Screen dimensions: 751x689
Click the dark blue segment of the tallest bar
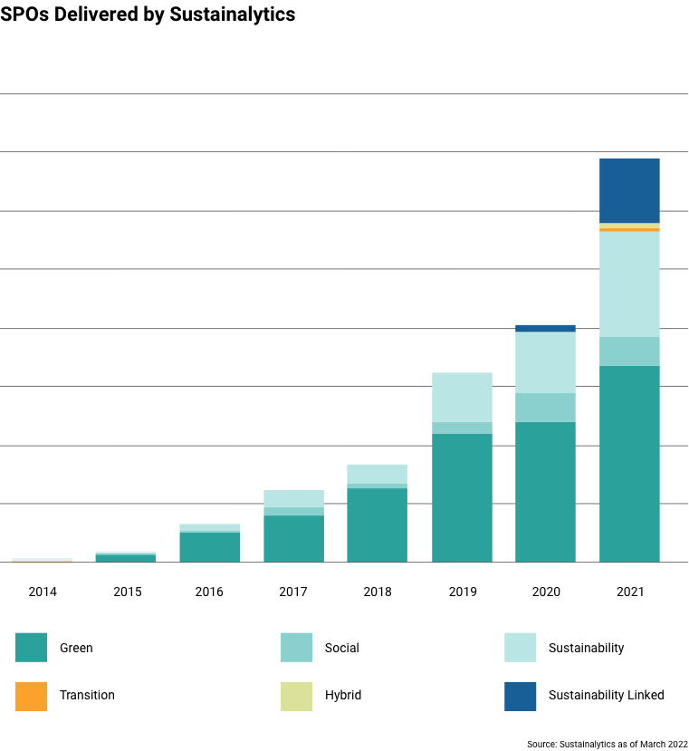[629, 190]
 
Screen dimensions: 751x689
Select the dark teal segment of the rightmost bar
[629, 464]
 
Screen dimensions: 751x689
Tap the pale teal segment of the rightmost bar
[629, 284]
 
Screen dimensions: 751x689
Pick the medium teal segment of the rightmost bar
[629, 351]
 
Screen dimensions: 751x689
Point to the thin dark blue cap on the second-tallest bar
[545, 328]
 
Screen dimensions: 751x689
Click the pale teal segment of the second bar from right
[545, 362]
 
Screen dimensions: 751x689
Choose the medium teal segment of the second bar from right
[545, 408]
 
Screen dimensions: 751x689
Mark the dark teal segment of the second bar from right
[545, 492]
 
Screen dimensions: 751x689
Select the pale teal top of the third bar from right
[462, 397]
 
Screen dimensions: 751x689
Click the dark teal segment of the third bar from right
[462, 497]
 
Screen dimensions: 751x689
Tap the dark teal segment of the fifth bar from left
[377, 525]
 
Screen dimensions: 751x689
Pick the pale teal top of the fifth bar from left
[377, 473]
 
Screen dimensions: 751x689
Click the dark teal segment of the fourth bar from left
[293, 539]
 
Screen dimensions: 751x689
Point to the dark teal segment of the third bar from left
[209, 547]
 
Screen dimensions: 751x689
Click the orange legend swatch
[31, 697]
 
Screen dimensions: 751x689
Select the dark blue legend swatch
[521, 697]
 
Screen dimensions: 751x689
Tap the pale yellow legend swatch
[297, 697]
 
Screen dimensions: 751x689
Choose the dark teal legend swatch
[31, 648]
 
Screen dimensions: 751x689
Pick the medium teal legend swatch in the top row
[297, 648]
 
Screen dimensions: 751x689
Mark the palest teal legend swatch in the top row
[521, 648]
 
